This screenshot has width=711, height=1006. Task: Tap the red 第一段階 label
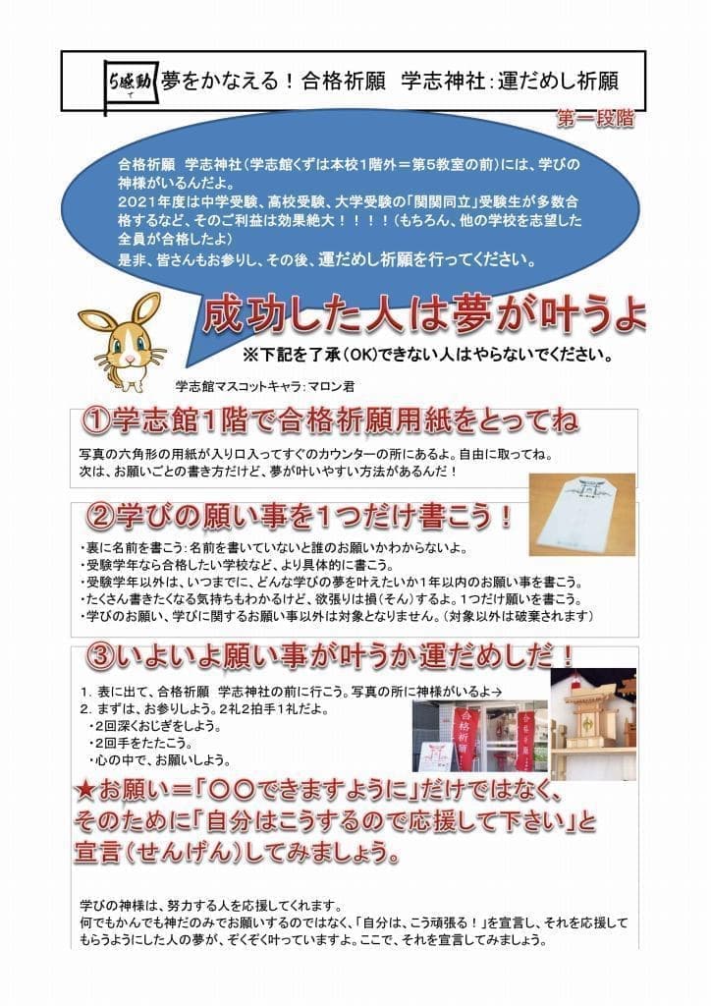(x=595, y=119)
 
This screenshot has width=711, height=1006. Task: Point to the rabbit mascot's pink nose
(x=129, y=355)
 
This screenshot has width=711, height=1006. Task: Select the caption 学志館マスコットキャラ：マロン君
(x=265, y=386)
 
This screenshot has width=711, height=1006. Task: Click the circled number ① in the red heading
(x=96, y=421)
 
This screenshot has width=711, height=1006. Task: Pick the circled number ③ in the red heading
(x=101, y=656)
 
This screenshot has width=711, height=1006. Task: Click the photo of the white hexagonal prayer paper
(x=581, y=515)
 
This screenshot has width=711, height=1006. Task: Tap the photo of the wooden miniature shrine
(x=593, y=724)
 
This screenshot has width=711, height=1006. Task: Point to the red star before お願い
(x=84, y=792)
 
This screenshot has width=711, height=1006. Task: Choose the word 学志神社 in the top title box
(x=442, y=83)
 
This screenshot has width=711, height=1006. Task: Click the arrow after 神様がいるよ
(x=496, y=693)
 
